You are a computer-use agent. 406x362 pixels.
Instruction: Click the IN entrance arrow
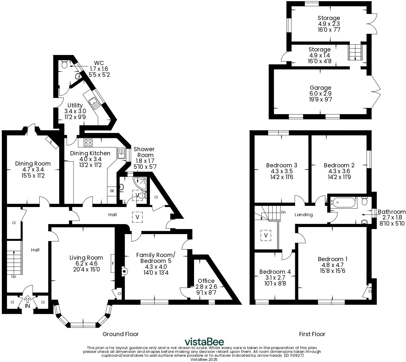27,300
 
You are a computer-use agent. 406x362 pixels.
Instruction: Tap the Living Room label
86,258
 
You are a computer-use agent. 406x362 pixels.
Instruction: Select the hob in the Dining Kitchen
88,143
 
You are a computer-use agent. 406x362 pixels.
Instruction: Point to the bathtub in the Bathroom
344,203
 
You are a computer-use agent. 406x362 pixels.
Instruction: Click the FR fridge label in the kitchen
112,191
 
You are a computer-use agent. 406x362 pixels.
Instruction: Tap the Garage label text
320,88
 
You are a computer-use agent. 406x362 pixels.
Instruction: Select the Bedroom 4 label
275,272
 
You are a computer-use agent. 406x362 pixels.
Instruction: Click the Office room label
206,281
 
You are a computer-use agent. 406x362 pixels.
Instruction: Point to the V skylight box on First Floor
266,235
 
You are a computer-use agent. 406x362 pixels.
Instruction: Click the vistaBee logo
204,342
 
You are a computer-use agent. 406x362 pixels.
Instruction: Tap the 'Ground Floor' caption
121,334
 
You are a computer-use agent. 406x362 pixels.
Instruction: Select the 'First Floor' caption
312,334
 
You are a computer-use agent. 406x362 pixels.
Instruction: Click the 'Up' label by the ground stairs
14,276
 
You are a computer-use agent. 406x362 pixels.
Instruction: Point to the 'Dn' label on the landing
283,212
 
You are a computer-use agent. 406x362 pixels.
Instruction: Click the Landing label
304,215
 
